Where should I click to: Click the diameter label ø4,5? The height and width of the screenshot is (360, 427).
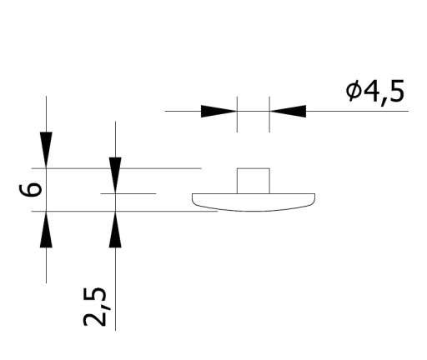pyautogui.click(x=375, y=92)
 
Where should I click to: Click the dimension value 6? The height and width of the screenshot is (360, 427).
pyautogui.click(x=31, y=190)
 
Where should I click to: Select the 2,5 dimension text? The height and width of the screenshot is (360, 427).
pyautogui.click(x=95, y=307)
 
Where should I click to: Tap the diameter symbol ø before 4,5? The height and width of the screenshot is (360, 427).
pyautogui.click(x=354, y=91)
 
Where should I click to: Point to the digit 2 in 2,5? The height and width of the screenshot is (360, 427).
pyautogui.click(x=95, y=318)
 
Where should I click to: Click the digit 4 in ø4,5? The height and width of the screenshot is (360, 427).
pyautogui.click(x=370, y=91)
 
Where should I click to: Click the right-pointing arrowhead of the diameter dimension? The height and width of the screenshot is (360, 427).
pyautogui.click(x=219, y=111)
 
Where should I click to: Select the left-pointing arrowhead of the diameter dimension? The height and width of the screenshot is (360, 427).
pyautogui.click(x=288, y=111)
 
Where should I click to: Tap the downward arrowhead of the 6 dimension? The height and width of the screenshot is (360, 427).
pyautogui.click(x=46, y=150)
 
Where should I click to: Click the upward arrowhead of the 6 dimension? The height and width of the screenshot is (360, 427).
pyautogui.click(x=46, y=229)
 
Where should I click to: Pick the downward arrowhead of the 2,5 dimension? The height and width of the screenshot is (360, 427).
pyautogui.click(x=115, y=175)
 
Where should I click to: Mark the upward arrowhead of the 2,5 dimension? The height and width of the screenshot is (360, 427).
pyautogui.click(x=115, y=229)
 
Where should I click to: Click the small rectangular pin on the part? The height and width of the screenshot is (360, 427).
pyautogui.click(x=254, y=181)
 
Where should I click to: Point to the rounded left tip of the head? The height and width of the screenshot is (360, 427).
pyautogui.click(x=193, y=201)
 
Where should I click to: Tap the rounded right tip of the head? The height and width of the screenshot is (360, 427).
pyautogui.click(x=314, y=201)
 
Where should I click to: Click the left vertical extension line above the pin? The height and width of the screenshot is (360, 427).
pyautogui.click(x=237, y=114)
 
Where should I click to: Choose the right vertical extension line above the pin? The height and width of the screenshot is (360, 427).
pyautogui.click(x=269, y=114)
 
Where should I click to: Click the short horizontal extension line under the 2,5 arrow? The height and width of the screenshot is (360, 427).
pyautogui.click(x=128, y=193)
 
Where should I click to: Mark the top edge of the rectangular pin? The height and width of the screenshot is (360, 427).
pyautogui.click(x=254, y=168)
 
